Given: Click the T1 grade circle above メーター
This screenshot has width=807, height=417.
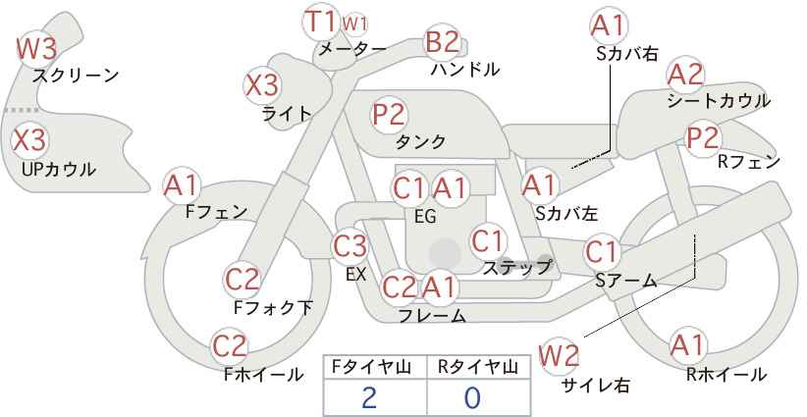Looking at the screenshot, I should [x=320, y=22].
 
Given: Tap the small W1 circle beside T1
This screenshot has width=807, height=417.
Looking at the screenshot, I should [x=355, y=23].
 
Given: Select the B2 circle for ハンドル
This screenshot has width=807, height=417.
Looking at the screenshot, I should [x=442, y=42].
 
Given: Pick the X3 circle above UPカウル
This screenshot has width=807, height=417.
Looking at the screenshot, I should [x=28, y=139].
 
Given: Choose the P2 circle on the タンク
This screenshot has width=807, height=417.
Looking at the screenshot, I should [x=389, y=114].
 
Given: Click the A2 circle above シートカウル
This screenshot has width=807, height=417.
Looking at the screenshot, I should [x=685, y=74].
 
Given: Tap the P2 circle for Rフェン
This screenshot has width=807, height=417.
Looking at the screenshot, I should [x=703, y=138].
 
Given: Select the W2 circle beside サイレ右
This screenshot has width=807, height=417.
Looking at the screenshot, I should [x=560, y=355].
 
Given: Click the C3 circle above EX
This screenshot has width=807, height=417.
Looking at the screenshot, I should [x=350, y=244].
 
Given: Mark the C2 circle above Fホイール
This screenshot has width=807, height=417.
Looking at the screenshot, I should [x=230, y=345].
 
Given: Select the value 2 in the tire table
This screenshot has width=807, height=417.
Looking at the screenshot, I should [x=369, y=397].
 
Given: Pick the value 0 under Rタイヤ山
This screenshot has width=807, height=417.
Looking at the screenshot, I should [x=472, y=397].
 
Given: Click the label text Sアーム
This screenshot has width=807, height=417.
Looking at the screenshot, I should [x=625, y=281].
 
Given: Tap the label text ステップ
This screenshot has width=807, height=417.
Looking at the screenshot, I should [x=517, y=267].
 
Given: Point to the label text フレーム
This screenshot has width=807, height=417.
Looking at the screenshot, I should [x=432, y=316].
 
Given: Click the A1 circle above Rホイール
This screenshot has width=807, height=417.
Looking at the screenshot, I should [x=687, y=345].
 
